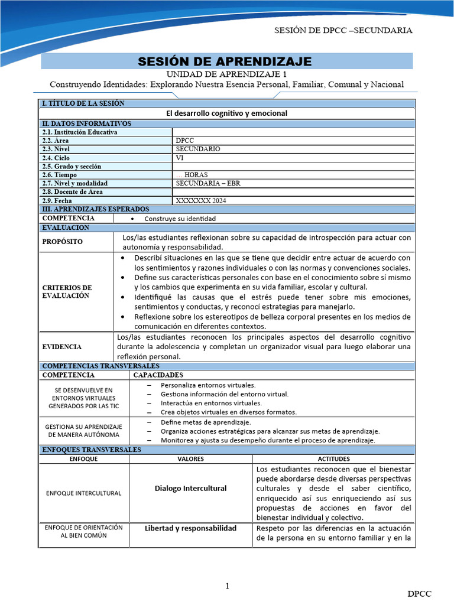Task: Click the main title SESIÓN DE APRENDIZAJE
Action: tap(225, 61)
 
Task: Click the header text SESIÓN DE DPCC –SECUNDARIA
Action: tap(343, 30)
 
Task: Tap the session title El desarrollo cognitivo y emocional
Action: tap(226, 113)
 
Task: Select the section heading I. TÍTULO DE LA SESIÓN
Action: tap(83, 103)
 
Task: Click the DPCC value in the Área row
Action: tap(186, 141)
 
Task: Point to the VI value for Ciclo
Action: tap(180, 158)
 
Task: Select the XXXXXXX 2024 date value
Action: tap(200, 200)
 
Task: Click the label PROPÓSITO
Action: tap(63, 242)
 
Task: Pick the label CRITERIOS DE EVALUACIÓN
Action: tap(67, 291)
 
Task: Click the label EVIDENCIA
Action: tap(62, 347)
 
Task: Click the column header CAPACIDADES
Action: tap(158, 375)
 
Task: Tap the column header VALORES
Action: tap(190, 458)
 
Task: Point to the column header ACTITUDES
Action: tap(333, 458)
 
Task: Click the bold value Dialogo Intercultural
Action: tap(190, 488)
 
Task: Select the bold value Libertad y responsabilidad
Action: tap(190, 528)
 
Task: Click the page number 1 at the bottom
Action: tap(226, 586)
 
